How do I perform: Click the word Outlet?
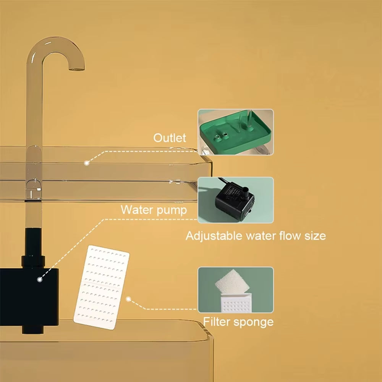pyautogui.click(x=170, y=138)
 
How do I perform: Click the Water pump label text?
pyautogui.click(x=154, y=210)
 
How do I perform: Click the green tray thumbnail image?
pyautogui.click(x=236, y=132)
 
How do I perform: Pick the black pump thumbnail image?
pyautogui.click(x=236, y=200)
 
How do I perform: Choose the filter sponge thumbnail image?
pyautogui.click(x=236, y=290)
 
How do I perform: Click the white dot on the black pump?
pyautogui.click(x=39, y=279)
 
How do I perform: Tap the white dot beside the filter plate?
pyautogui.click(x=128, y=299)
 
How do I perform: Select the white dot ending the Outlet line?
pyautogui.click(x=87, y=163)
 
